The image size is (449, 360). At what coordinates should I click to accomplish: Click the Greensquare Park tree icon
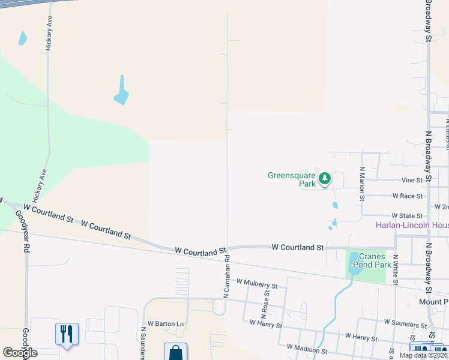click(x=325, y=178)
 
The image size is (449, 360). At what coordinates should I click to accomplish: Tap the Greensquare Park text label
click(x=292, y=179)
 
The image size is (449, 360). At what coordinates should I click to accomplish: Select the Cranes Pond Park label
click(x=376, y=260)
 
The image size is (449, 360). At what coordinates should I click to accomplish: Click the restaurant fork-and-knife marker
click(x=67, y=333)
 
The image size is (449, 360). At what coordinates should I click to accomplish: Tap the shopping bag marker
click(x=175, y=353)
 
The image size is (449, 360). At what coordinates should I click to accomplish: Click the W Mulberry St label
click(x=257, y=284)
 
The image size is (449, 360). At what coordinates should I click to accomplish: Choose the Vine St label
click(x=412, y=180)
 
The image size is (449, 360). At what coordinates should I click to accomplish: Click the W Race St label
click(x=408, y=196)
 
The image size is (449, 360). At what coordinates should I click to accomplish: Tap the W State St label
click(x=407, y=215)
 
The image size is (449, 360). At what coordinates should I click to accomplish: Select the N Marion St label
click(x=362, y=184)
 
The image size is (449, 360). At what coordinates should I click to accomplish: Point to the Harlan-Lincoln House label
click(x=412, y=226)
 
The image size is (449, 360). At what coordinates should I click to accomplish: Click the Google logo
click(x=20, y=353)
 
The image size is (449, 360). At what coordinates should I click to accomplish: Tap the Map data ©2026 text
click(x=423, y=355)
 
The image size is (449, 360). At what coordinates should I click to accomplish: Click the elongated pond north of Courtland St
click(x=121, y=91)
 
